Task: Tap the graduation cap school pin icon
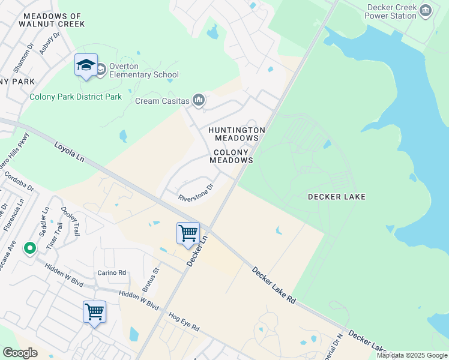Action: [86, 65]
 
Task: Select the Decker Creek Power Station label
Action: [390, 11]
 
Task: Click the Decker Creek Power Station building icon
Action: [426, 10]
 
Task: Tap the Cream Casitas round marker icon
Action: [198, 101]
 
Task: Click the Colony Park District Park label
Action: [76, 97]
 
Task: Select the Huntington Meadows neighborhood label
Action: [237, 134]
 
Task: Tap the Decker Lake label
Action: [336, 197]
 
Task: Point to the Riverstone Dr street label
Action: [196, 193]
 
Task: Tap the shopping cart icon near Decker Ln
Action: [188, 233]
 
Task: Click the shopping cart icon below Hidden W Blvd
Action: [94, 311]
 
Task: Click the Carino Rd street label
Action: [112, 272]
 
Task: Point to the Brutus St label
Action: [149, 280]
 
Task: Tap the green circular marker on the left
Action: [29, 247]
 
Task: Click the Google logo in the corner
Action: [20, 353]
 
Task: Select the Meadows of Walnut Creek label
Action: [51, 20]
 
